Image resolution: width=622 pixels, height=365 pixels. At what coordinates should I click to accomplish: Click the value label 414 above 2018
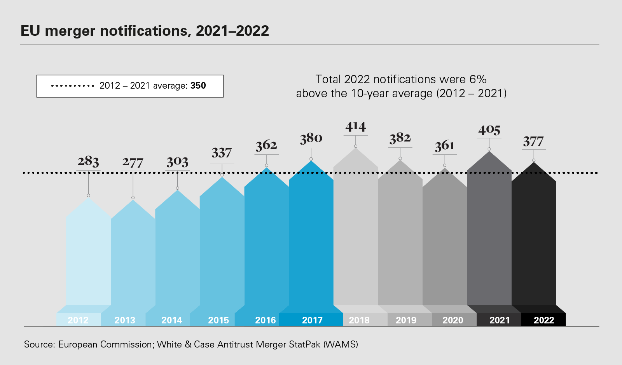click(x=356, y=127)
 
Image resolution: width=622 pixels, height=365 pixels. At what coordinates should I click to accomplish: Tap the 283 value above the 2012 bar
click(x=88, y=161)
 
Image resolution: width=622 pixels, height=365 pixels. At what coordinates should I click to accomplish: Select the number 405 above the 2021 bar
click(x=489, y=130)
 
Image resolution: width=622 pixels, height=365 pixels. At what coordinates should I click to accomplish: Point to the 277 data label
click(x=133, y=162)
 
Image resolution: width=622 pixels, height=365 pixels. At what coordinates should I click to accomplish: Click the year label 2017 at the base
click(x=312, y=320)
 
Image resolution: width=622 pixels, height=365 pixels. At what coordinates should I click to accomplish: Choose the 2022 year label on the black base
click(x=543, y=320)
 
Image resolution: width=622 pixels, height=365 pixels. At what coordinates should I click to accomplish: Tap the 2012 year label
click(x=78, y=320)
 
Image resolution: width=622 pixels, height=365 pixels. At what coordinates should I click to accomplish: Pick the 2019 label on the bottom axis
click(x=406, y=320)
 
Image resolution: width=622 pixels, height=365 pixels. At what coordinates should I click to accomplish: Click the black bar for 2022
click(x=534, y=241)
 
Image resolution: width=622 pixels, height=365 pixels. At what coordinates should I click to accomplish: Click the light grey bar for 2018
click(x=356, y=233)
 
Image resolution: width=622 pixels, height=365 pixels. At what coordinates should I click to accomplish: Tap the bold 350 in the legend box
click(x=198, y=86)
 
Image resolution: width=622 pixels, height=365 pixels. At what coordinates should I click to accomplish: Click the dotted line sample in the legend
click(x=73, y=86)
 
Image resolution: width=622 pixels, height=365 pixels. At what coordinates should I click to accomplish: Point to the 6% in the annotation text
click(x=478, y=79)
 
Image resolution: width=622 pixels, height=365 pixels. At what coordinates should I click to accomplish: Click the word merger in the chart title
click(x=70, y=31)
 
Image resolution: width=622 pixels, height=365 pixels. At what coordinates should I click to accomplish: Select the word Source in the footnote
click(x=38, y=344)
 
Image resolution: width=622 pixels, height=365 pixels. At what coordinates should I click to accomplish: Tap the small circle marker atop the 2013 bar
click(x=133, y=197)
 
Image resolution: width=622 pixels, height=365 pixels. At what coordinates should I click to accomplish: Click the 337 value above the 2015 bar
click(x=222, y=153)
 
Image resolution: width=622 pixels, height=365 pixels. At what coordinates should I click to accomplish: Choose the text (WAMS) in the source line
click(x=341, y=344)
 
